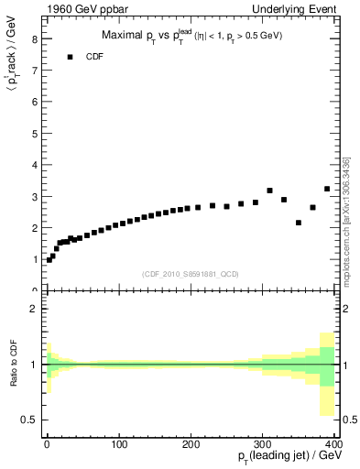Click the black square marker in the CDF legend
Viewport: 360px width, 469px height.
coord(69,57)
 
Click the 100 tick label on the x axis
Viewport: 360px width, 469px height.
coord(118,444)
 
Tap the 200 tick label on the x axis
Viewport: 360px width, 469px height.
coord(191,444)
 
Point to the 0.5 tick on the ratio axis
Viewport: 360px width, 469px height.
coord(30,420)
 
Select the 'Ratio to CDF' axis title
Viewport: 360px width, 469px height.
coord(13,365)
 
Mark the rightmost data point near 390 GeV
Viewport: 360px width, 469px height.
coord(327,189)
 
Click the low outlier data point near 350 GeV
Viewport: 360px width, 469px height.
coord(299,223)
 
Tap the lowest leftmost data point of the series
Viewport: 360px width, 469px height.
coord(49,260)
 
